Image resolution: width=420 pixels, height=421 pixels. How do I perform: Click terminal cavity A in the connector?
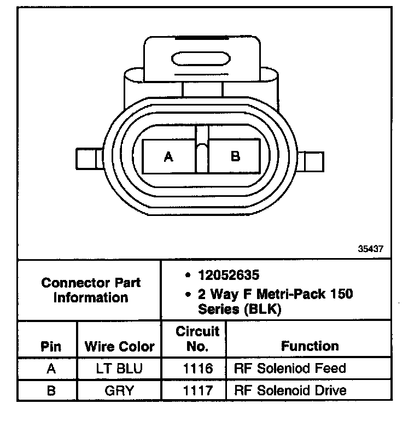tap(168, 156)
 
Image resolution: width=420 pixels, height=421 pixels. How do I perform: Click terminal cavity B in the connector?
tap(235, 156)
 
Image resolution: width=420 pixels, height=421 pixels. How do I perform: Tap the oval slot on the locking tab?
tap(201, 59)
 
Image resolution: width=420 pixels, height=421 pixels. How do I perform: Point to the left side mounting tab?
tap(90, 159)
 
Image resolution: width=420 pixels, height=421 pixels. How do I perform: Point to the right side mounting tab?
tap(311, 161)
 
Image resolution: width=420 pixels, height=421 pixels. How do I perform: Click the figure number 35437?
tap(371, 249)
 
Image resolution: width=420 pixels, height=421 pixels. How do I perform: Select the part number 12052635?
tap(229, 275)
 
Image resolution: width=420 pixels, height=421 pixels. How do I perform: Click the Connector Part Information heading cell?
tap(91, 290)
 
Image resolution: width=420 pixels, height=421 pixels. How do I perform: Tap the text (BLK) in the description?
tap(262, 309)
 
